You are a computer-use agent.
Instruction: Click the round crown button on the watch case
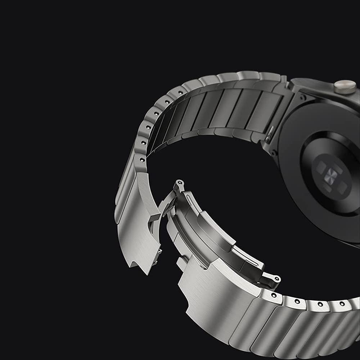coord(345,87)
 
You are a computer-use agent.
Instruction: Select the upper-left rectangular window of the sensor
coord(321,166)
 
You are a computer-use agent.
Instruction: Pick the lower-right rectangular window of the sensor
coord(342,187)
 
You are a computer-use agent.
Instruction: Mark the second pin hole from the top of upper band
coord(157,113)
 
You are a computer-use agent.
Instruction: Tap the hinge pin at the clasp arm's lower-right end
coord(276,279)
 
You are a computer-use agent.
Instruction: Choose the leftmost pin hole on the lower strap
coord(274,295)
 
